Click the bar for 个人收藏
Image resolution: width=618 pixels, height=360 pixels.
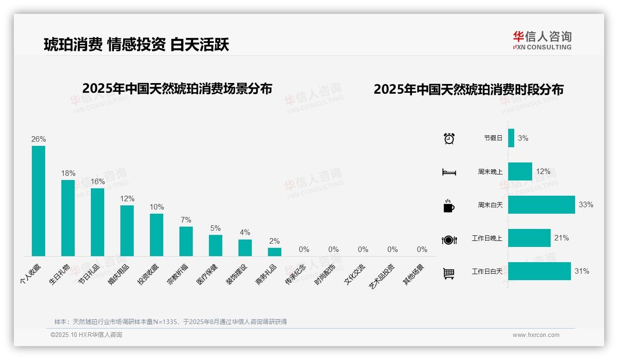click(x=38, y=201)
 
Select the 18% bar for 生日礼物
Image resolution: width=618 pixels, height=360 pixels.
click(x=68, y=218)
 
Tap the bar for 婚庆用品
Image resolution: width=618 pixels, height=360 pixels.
click(x=127, y=230)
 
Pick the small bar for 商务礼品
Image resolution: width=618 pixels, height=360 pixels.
click(x=274, y=252)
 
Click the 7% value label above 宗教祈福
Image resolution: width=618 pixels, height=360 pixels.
click(x=186, y=220)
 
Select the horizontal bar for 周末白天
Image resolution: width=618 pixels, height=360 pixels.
click(x=541, y=204)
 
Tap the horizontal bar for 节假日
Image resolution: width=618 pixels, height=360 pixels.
click(x=511, y=138)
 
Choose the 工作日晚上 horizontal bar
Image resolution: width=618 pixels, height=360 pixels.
click(x=529, y=238)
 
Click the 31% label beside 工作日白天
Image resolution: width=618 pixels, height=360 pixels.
click(x=582, y=271)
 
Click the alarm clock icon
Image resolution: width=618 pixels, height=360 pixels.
click(x=449, y=138)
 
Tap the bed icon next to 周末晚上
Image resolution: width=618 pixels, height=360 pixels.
click(x=449, y=172)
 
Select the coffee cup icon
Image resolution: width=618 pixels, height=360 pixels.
click(x=449, y=206)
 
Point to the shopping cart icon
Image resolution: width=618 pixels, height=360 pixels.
click(x=449, y=273)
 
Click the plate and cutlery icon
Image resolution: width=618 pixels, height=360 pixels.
click(x=449, y=240)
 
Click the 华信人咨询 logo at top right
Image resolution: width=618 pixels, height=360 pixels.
click(x=542, y=40)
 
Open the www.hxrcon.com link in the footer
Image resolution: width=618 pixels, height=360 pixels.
click(x=536, y=335)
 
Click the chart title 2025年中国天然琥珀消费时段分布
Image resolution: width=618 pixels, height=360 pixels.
click(x=469, y=90)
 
